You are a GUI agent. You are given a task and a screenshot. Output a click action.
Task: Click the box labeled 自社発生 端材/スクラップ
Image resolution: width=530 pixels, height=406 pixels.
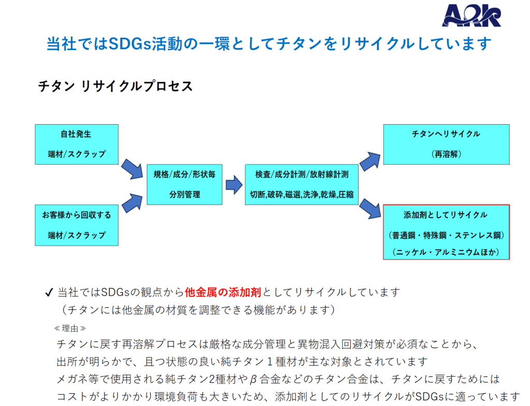(x=77, y=144)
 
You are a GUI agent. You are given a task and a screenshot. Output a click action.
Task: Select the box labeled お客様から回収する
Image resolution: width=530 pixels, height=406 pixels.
(x=77, y=224)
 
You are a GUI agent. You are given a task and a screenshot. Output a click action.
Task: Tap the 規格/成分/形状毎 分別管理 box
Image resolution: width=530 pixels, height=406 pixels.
(x=185, y=184)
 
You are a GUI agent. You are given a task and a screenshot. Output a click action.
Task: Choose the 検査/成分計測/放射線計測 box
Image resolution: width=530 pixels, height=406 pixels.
(x=302, y=184)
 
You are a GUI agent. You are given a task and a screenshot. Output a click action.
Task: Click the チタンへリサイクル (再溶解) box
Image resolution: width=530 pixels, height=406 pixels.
(x=446, y=144)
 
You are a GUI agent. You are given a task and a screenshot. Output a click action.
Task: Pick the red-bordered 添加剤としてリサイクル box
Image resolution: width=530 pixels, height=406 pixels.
(x=446, y=232)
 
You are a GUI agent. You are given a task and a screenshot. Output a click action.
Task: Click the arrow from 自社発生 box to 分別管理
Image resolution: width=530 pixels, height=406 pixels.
(x=131, y=170)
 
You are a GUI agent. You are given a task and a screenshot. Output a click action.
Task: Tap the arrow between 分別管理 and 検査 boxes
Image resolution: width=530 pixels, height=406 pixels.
(x=234, y=184)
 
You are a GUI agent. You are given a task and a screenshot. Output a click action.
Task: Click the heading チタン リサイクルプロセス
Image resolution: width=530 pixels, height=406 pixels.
(x=115, y=86)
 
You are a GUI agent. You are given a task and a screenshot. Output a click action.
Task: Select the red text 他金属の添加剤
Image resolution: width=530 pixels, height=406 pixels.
(x=224, y=292)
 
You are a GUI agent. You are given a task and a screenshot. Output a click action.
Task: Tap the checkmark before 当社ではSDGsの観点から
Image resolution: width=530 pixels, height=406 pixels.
(x=50, y=293)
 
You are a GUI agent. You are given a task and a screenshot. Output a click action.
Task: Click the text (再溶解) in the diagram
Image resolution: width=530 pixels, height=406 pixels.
(x=446, y=154)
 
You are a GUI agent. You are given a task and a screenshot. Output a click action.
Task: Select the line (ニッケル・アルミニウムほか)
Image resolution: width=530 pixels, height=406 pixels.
(x=446, y=252)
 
